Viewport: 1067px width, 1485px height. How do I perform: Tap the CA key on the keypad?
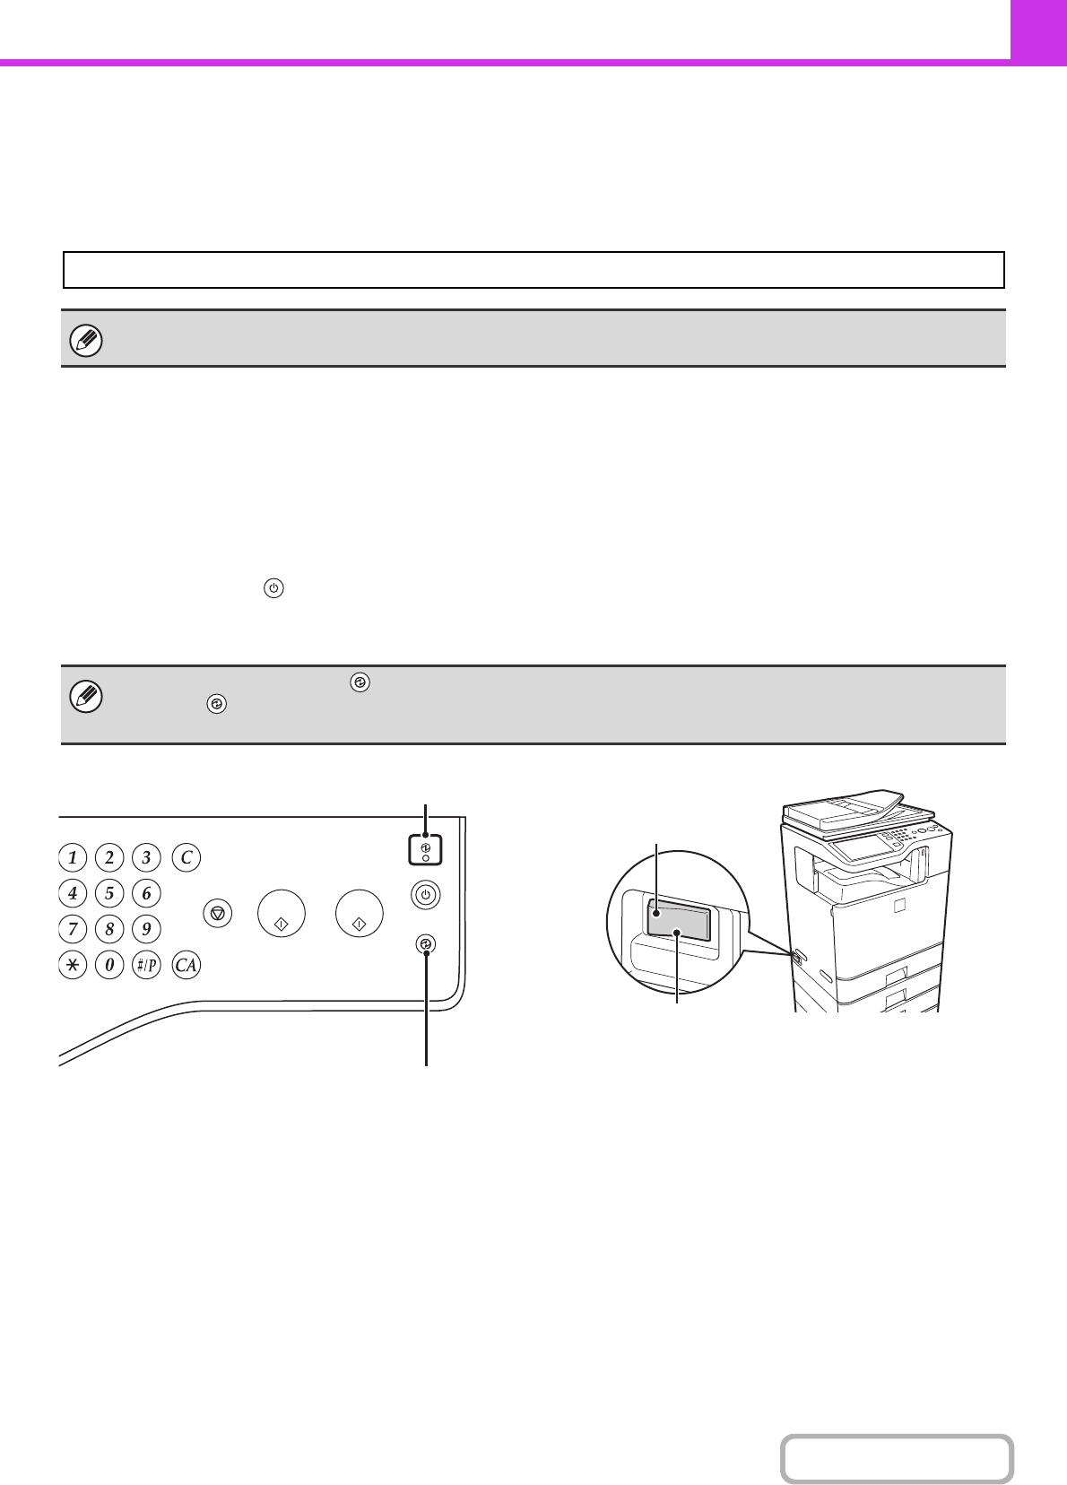187,964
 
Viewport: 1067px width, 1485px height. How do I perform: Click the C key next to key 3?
187,857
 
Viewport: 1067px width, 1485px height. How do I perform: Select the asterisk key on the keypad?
73,964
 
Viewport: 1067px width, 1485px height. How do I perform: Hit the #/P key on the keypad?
146,964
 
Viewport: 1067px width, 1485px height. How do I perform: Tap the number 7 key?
73,928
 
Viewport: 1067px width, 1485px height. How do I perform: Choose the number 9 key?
146,928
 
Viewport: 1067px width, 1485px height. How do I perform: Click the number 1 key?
73,857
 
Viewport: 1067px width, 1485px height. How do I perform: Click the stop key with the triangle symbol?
217,914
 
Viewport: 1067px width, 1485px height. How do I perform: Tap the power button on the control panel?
426,895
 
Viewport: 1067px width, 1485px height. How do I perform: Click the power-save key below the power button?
426,943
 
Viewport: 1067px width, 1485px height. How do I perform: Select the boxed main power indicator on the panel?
425,850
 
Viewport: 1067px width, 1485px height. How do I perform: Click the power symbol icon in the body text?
273,588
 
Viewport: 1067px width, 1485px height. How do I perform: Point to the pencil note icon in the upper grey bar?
86,341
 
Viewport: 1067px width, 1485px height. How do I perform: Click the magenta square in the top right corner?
1038,30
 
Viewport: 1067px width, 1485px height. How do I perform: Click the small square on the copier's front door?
898,906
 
